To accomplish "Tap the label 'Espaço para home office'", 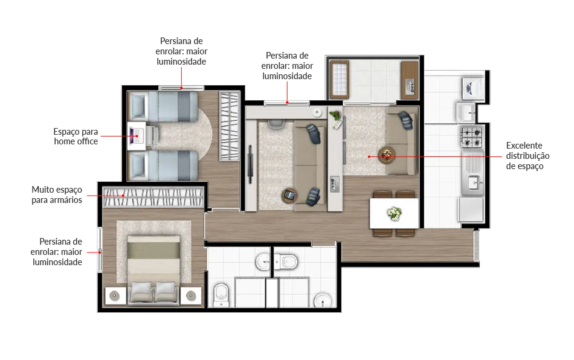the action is [76, 137].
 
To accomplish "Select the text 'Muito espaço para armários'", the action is [57, 194].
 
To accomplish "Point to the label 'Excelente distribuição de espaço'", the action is [527, 156].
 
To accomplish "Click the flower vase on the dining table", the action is [395, 213].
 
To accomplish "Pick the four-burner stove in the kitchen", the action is [472, 137].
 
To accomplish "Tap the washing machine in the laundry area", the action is [473, 88].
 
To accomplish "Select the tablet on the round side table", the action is [289, 195].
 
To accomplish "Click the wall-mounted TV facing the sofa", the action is [250, 164].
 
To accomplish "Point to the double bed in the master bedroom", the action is [153, 268].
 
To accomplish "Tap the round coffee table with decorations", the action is [386, 155].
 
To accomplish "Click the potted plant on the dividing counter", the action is [334, 116].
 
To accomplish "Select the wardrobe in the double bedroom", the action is [153, 197].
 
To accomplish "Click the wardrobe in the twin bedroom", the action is [229, 126].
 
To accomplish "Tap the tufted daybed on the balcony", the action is [340, 80].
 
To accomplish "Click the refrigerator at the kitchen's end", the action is [471, 210].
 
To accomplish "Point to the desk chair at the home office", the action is [153, 136].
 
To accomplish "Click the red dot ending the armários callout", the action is [123, 195].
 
